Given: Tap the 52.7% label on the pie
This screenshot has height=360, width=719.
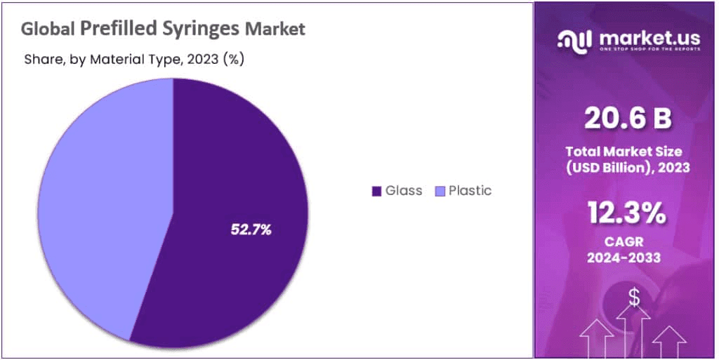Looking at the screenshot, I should click(251, 229).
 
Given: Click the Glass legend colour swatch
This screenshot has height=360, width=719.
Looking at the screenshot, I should click(376, 191).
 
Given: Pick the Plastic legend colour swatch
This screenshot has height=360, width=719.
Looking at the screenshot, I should click(440, 191).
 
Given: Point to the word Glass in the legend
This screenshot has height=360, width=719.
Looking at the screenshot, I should click(404, 190).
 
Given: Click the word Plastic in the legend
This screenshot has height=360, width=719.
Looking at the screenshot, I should click(470, 190).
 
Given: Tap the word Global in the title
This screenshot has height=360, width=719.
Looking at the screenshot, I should click(48, 29).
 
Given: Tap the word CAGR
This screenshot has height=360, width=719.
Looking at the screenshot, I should click(625, 242).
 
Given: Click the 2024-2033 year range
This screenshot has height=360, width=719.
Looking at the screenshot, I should click(625, 258).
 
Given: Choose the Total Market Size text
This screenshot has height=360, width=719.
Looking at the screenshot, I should click(625, 152).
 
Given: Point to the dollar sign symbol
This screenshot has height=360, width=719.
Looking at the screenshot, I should click(633, 298).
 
